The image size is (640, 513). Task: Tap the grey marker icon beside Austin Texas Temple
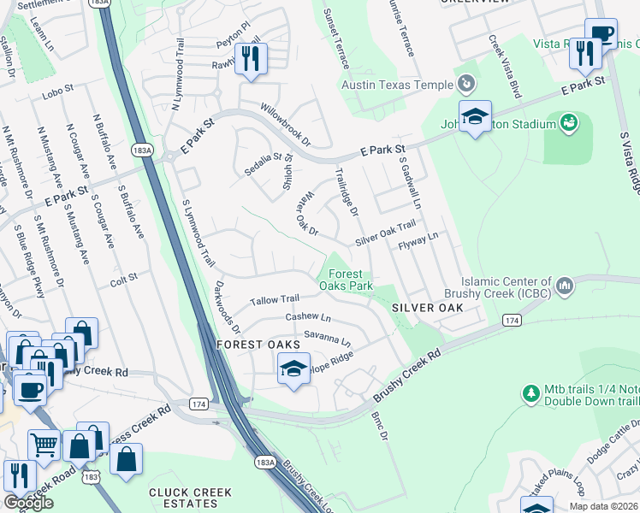(x=465, y=84)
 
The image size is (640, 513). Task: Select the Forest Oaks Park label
(x=346, y=279)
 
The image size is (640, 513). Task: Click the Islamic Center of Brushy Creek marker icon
(x=565, y=286)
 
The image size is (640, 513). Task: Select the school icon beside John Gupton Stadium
(x=474, y=117)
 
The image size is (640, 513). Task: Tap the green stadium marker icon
(x=567, y=124)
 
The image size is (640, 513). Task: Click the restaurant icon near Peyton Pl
(x=251, y=59)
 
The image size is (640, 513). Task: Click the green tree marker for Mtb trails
(x=530, y=393)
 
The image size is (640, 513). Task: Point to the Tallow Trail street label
(x=274, y=300)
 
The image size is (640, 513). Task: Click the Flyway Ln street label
(x=418, y=240)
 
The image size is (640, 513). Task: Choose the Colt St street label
(x=123, y=278)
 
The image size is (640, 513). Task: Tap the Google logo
(x=28, y=502)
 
